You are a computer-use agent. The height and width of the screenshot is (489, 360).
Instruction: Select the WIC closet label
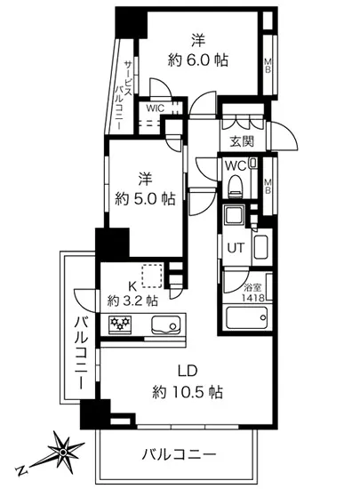[156, 108]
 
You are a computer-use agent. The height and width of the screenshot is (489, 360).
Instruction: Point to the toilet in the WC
[236, 186]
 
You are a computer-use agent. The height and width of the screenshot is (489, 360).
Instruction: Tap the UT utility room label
[235, 249]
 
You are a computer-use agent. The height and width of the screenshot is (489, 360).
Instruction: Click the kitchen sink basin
[165, 324]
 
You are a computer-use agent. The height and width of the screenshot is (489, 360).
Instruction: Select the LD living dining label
[185, 370]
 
